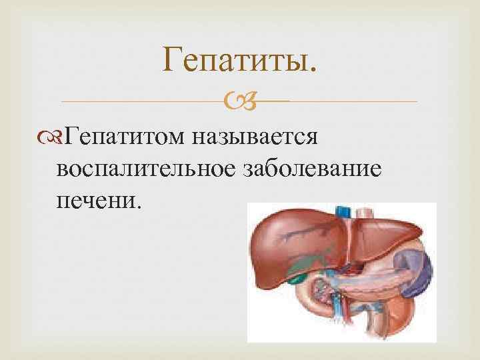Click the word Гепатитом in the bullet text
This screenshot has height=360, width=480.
(127, 139)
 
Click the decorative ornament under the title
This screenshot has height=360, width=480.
(240, 101)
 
